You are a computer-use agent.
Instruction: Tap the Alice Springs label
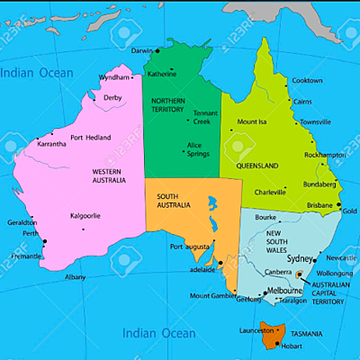click(x=198, y=148)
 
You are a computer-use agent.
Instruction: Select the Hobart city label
click(x=290, y=346)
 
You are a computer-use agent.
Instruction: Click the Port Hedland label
click(x=91, y=137)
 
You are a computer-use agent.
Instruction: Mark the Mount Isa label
click(x=252, y=121)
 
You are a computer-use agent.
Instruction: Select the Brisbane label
click(x=319, y=205)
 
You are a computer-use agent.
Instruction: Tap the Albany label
click(x=76, y=277)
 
